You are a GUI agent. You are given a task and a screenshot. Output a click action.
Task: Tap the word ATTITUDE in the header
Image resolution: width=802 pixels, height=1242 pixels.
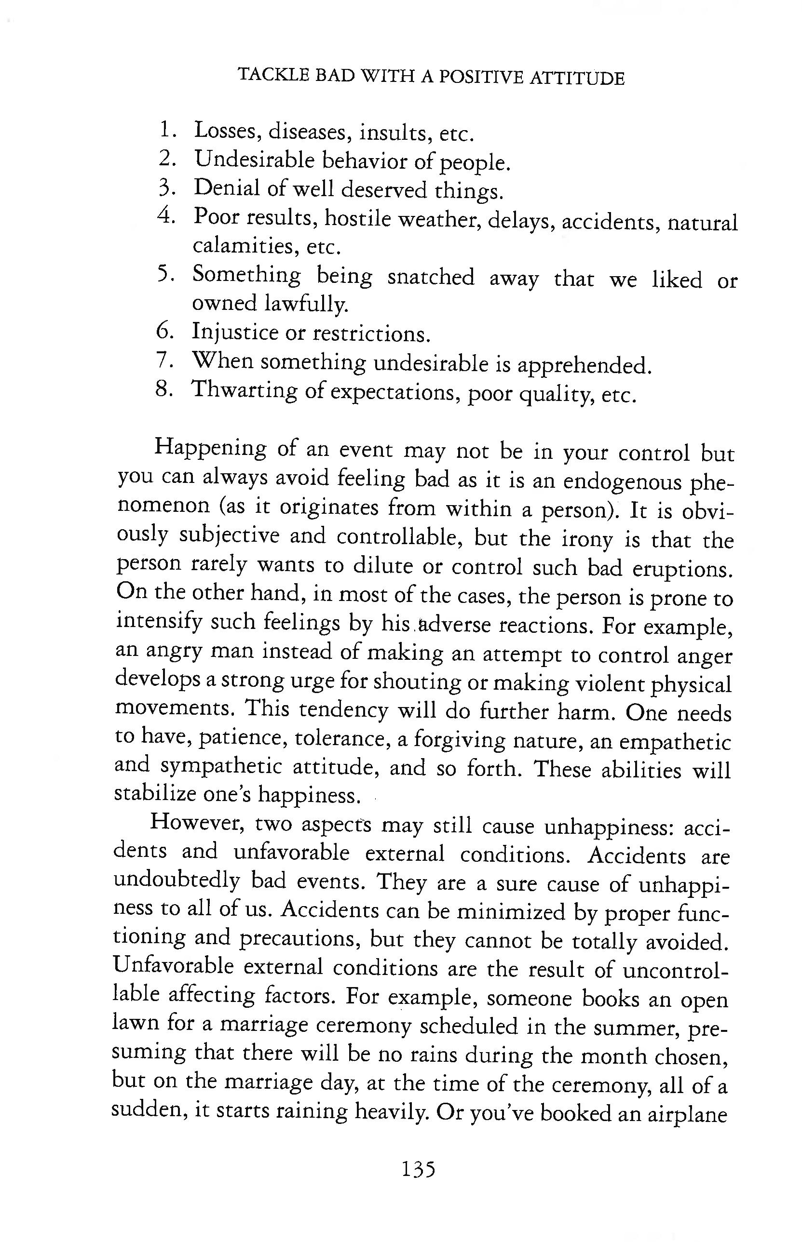coord(576,78)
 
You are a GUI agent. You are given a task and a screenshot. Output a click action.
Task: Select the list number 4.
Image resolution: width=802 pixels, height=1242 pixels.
coord(165,215)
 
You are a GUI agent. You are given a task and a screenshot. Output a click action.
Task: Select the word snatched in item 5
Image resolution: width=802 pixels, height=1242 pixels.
coord(431,277)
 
